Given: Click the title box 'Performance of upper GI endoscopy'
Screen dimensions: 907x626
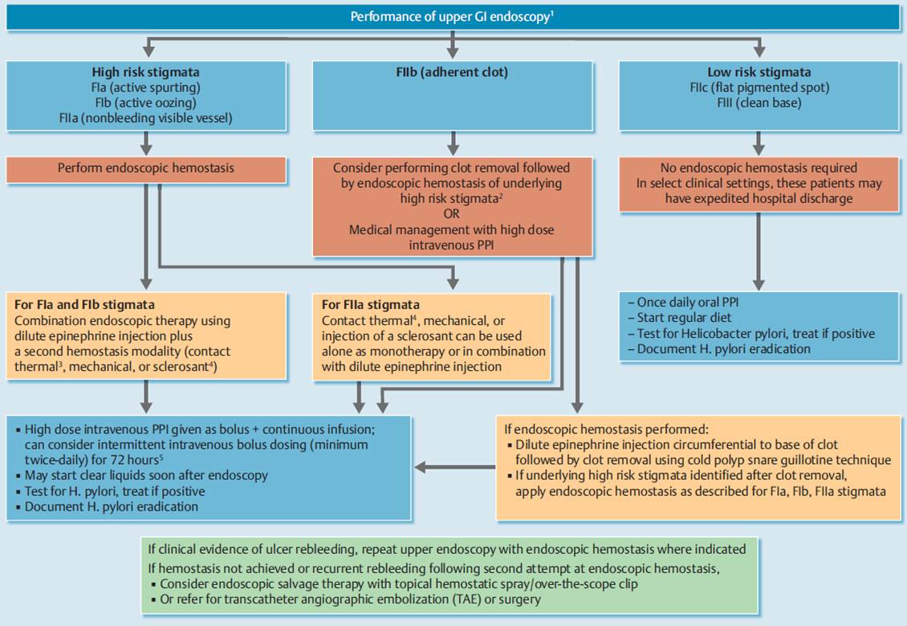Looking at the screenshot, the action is pyautogui.click(x=453, y=17).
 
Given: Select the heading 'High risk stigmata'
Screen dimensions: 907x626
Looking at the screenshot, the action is pyautogui.click(x=146, y=72).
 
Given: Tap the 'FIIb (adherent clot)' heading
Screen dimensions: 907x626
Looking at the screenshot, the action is pyautogui.click(x=452, y=72).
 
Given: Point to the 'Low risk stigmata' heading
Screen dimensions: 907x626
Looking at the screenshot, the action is pyautogui.click(x=759, y=72).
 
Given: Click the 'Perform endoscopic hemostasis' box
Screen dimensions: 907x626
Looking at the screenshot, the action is pyautogui.click(x=146, y=169).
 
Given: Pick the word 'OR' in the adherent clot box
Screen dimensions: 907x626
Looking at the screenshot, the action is pyautogui.click(x=452, y=214).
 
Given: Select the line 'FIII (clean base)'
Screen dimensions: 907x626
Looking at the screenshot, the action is pyautogui.click(x=759, y=103).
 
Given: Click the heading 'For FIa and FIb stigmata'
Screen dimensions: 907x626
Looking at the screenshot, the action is pyautogui.click(x=84, y=305).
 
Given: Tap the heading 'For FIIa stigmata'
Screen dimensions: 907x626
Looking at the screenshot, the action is pyautogui.click(x=371, y=305).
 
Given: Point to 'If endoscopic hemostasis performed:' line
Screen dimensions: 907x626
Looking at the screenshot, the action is pyautogui.click(x=606, y=429).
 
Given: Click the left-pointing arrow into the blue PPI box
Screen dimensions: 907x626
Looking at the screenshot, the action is pyautogui.click(x=454, y=467).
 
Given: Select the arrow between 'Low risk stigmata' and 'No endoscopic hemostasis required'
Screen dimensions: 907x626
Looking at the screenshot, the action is pyautogui.click(x=759, y=143).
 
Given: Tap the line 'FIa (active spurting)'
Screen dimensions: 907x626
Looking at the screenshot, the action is pyautogui.click(x=146, y=88).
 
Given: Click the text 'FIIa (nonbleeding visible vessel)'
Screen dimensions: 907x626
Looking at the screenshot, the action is pyautogui.click(x=146, y=119).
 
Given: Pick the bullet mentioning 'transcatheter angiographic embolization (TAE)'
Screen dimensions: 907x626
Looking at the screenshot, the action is pyautogui.click(x=346, y=600).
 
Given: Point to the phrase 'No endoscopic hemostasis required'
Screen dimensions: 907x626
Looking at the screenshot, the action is pyautogui.click(x=759, y=168).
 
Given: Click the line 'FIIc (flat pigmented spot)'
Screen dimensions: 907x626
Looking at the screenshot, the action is pyautogui.click(x=759, y=88).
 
